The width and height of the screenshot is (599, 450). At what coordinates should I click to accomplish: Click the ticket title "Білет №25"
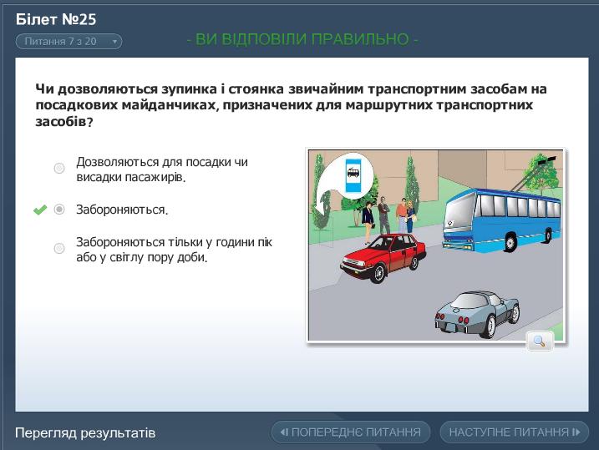pos(56,19)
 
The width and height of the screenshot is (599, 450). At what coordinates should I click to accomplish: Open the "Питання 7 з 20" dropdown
pos(69,42)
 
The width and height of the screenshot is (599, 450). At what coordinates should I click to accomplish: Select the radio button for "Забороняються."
pos(59,210)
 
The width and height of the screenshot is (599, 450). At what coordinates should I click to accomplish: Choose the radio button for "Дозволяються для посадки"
pos(59,168)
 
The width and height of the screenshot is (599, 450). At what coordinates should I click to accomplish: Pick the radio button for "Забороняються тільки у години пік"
pos(59,248)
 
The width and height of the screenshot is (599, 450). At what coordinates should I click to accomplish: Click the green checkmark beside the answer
pos(40,210)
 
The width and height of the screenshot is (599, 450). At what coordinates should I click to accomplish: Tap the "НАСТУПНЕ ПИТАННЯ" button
pos(514,432)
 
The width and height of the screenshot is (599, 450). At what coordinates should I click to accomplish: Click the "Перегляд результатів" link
pos(85,432)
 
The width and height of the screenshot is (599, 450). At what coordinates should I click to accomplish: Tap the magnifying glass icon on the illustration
pos(540,341)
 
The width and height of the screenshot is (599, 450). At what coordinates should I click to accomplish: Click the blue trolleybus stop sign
pos(353,174)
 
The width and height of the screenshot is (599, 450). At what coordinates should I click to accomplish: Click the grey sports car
pos(478,314)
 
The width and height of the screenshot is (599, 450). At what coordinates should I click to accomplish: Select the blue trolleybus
pos(501,220)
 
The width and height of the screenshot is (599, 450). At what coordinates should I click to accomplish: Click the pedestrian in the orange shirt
pos(401,215)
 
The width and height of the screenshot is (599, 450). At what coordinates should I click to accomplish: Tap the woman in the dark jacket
pos(368,222)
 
